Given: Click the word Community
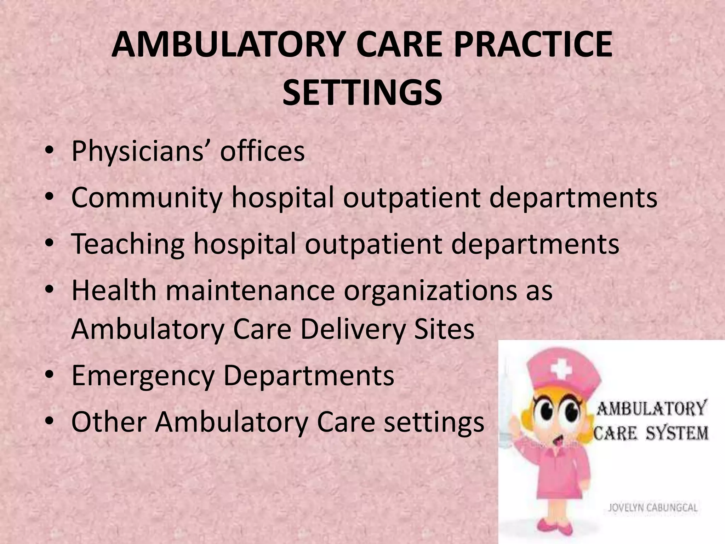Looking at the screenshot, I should coord(147,198).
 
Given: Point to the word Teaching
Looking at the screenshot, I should coord(128,244).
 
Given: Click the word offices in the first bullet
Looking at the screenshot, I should coord(262,152).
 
